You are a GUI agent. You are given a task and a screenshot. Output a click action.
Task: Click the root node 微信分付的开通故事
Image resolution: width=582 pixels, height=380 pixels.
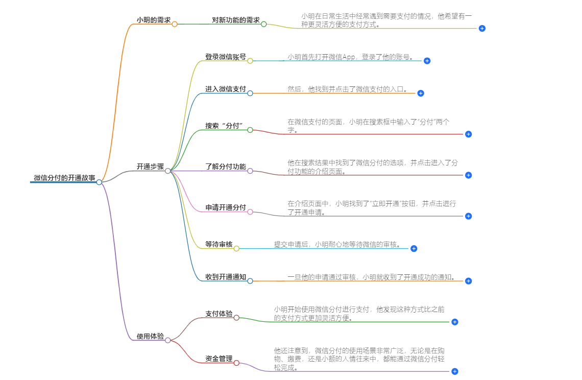pos(64,178)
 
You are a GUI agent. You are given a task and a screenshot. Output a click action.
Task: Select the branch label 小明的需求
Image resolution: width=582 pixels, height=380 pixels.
pos(153,20)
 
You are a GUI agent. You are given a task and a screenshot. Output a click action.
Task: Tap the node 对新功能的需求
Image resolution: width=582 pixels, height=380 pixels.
pos(236,20)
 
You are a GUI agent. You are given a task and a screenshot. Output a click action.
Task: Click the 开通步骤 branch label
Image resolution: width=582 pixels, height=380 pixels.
pos(150,167)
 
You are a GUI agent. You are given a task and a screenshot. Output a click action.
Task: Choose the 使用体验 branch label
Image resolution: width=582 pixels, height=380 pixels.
pos(150,337)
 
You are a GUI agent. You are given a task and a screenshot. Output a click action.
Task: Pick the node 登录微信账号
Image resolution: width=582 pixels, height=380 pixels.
pos(226,57)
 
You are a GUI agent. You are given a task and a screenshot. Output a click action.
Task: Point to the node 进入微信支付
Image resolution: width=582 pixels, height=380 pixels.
pos(226,89)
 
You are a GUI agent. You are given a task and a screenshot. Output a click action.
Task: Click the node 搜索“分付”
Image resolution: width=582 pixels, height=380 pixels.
pos(223,126)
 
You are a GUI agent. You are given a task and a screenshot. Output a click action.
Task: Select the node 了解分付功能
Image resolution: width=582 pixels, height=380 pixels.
pos(226,167)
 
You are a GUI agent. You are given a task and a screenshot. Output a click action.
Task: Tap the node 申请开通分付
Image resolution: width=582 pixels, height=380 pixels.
pos(226,208)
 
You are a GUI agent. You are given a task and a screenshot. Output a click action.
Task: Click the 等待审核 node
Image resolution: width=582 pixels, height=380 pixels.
pos(219,245)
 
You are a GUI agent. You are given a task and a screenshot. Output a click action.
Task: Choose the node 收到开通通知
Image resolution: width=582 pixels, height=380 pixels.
pos(226,277)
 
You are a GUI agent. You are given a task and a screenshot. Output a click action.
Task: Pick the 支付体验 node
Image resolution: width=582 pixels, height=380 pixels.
pos(219,314)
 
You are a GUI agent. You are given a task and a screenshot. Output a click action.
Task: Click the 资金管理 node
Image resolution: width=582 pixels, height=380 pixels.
pos(219,359)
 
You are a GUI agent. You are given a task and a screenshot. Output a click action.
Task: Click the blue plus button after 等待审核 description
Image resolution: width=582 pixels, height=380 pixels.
pos(414,249)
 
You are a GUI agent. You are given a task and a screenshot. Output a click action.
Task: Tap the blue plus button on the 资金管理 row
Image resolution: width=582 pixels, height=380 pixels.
pos(455,371)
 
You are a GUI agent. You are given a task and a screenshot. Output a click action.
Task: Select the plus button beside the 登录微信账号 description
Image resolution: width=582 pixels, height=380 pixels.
pos(427,61)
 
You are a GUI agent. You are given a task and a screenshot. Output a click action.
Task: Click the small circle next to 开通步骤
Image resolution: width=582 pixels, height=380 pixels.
pos(167,171)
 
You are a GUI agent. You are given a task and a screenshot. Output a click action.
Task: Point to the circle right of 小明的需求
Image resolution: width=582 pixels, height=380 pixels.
pos(175,24)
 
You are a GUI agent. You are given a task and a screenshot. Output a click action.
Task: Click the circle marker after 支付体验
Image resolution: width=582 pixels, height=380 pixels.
pos(236,318)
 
